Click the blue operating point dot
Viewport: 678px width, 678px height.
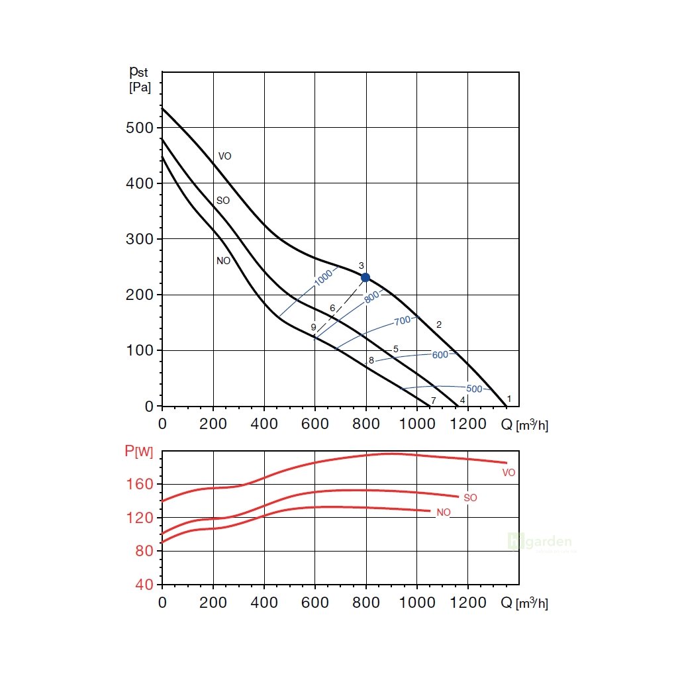[x=365, y=277]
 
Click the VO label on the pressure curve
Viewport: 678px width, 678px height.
[x=225, y=156]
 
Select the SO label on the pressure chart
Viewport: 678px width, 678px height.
[x=223, y=201]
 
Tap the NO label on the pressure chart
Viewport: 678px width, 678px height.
[x=223, y=261]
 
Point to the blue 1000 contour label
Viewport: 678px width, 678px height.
[x=324, y=278]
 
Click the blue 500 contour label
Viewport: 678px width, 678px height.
[x=474, y=389]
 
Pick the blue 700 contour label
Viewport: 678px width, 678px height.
[x=403, y=321]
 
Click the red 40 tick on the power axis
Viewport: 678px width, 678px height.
[x=144, y=585]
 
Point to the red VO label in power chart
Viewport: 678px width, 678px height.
[x=508, y=473]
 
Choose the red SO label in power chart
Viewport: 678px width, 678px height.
[x=470, y=497]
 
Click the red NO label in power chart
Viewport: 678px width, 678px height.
[x=443, y=512]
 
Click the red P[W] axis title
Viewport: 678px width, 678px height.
[x=138, y=452]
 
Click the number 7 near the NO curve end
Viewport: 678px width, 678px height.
[x=433, y=401]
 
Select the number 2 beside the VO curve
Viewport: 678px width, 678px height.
[x=438, y=324]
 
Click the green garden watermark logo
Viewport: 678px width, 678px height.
[x=540, y=542]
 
